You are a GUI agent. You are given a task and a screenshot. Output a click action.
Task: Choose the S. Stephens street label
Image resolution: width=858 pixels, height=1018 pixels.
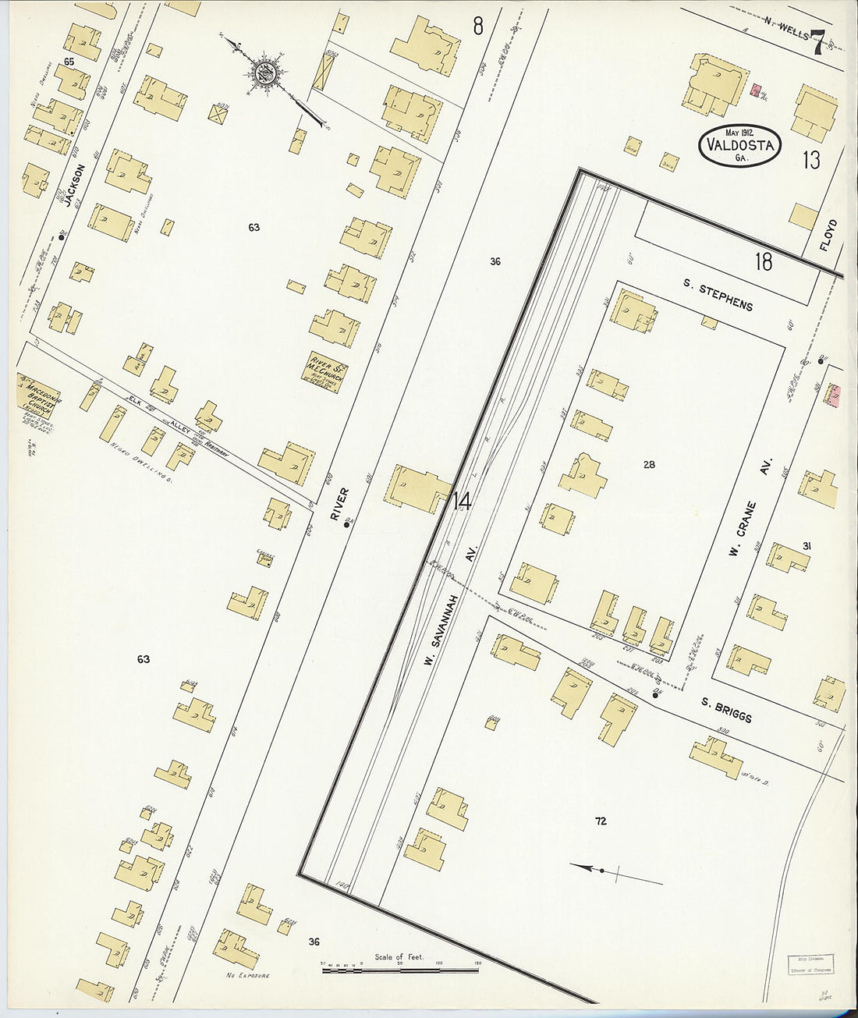point(718,294)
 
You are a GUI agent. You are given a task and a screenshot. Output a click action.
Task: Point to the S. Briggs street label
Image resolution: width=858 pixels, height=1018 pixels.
point(725,710)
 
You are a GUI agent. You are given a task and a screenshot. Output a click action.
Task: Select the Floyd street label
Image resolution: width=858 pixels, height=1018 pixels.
point(828,234)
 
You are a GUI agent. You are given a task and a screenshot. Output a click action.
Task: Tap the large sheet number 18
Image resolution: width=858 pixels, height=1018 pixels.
point(763,261)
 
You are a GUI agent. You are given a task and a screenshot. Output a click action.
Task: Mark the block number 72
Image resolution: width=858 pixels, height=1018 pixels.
point(600,821)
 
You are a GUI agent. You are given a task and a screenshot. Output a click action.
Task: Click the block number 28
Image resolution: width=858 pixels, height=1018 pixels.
point(649,465)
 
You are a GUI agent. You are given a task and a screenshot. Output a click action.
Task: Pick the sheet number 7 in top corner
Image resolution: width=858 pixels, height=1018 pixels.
point(817,43)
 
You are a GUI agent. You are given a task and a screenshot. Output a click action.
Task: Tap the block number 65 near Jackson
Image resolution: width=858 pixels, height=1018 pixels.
point(69,62)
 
